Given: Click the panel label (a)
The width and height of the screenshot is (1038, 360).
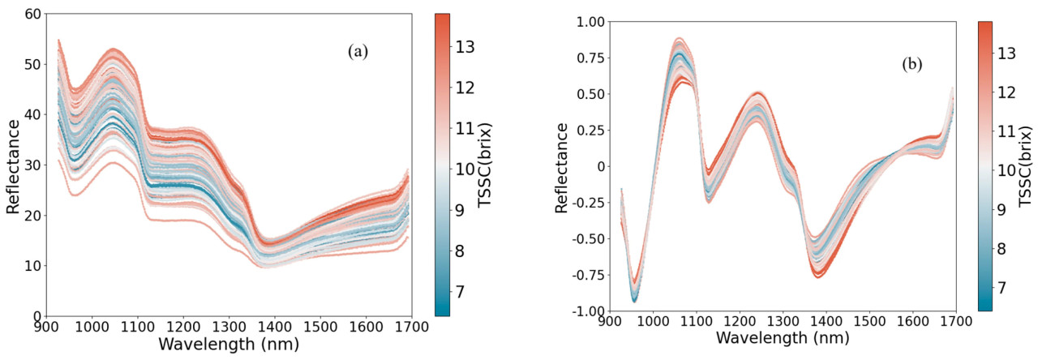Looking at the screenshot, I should pos(358,52).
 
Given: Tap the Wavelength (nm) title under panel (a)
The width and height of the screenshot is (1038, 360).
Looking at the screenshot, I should pos(229,344).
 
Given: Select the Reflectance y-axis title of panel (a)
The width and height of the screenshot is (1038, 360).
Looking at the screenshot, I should pos(12,165).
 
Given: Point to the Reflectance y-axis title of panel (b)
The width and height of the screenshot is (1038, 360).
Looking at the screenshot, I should pos(562,166).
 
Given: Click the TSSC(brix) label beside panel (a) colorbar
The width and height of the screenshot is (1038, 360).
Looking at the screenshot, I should pos(487,165).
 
